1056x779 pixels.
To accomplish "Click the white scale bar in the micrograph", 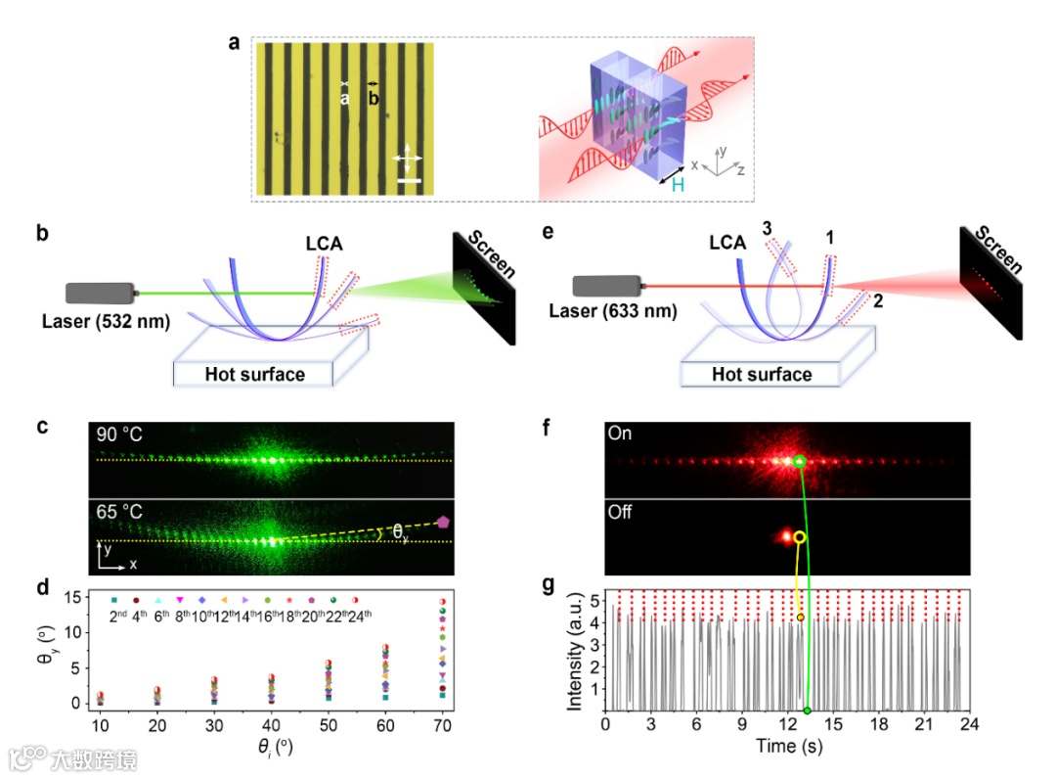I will pos(410,179).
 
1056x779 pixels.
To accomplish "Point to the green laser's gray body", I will pos(100,293).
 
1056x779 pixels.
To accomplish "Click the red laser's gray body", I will pos(606,286).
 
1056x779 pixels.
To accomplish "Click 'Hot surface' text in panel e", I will pos(761,374).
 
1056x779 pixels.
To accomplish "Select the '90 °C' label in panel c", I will pos(120,434).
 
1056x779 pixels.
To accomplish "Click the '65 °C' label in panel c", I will pos(120,510).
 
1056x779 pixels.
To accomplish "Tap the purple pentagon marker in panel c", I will pos(444,523).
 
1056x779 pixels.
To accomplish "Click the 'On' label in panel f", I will pos(618,433).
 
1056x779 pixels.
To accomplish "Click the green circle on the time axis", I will pos(808,710).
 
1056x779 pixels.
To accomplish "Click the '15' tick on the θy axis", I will pos(73,599).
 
